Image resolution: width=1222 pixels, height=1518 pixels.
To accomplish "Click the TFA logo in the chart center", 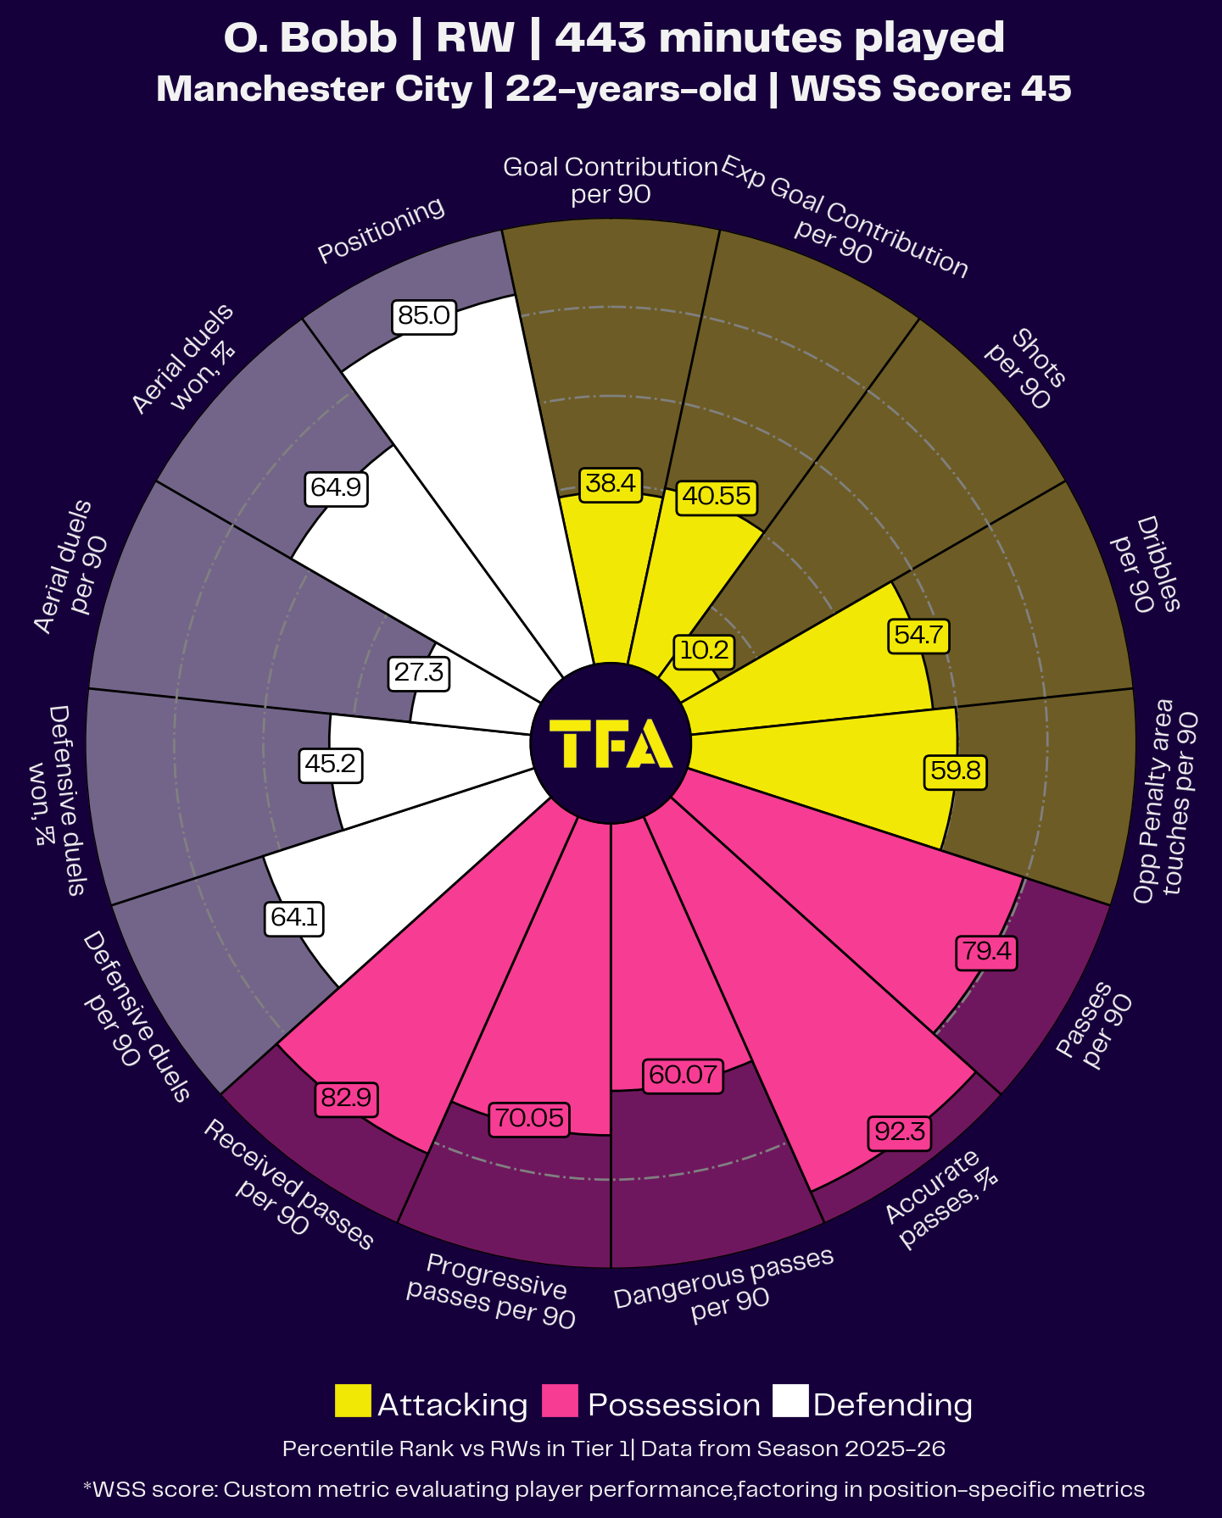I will coord(611,743).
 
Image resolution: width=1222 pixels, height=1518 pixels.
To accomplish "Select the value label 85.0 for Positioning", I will coord(424,316).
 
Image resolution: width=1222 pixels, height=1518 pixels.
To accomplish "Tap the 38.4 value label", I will coord(611,484).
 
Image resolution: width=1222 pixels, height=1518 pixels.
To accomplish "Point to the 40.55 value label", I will coord(717,496).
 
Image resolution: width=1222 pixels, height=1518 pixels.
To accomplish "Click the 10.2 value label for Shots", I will coord(704,650).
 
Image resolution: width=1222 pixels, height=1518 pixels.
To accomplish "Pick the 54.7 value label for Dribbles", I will coord(918,636).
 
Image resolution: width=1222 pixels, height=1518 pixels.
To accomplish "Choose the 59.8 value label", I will coord(956,771).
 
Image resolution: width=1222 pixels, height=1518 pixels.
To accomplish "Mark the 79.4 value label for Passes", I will coord(986,951).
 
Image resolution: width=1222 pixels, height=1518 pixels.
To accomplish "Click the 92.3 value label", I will coord(900,1132).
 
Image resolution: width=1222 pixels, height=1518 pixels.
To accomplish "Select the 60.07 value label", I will coord(684,1076).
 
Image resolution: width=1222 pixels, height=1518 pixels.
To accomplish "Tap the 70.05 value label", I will coord(529,1118).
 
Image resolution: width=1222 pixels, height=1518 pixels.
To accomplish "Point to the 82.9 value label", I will coord(346,1098).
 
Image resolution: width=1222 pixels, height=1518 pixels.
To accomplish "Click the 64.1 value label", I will coord(294,918).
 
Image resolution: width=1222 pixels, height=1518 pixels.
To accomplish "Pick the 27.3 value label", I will coord(419,673).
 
